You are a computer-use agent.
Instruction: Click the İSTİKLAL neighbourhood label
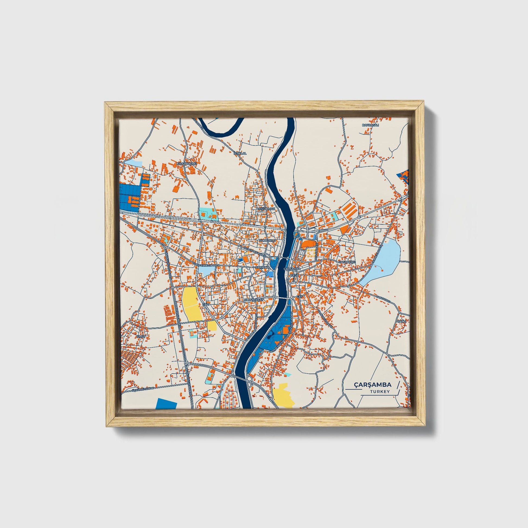[240, 153]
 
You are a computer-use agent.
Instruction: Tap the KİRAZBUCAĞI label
[187, 163]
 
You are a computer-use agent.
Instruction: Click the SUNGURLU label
[268, 240]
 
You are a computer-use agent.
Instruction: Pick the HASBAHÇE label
[347, 262]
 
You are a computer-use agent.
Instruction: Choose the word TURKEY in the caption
[380, 392]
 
